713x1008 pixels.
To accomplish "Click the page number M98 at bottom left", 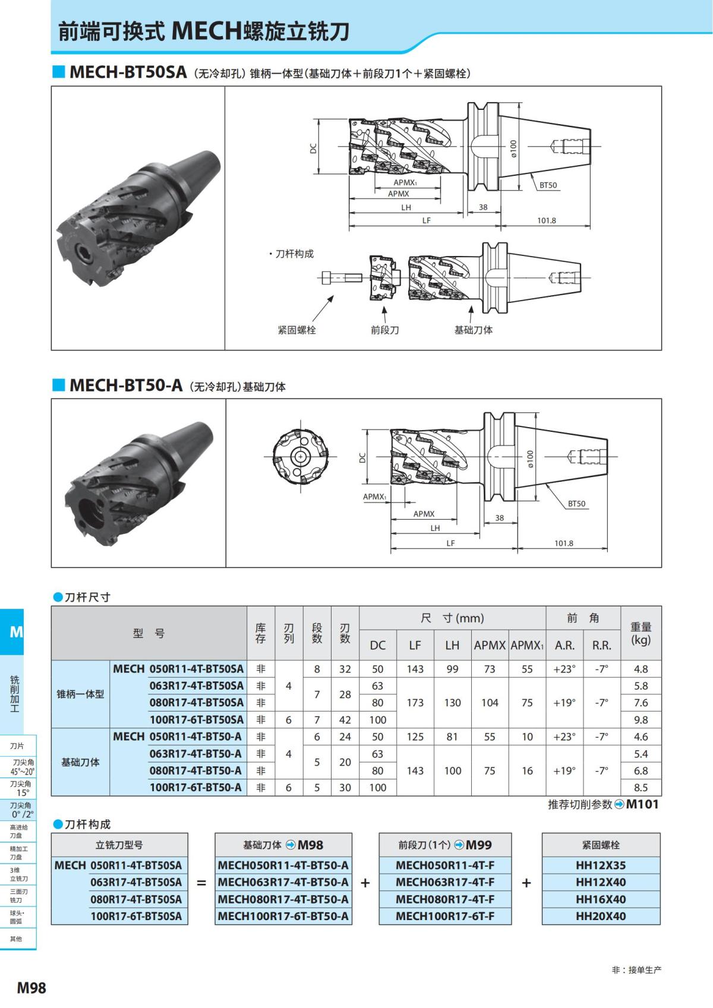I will [x=31, y=988].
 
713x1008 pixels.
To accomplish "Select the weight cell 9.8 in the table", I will [x=641, y=719].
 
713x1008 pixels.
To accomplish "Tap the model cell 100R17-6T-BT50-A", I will [x=195, y=787].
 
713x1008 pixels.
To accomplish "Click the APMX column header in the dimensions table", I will [x=490, y=645].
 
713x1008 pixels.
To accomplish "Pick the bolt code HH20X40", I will [x=601, y=916].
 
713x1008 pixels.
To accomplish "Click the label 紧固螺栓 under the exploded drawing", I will [x=296, y=330].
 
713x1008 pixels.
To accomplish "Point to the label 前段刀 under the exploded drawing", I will [x=384, y=330].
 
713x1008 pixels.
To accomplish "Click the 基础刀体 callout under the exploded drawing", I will [x=474, y=330].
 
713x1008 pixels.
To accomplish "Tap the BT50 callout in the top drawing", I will [x=548, y=185].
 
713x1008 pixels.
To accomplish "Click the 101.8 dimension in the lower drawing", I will [x=563, y=543].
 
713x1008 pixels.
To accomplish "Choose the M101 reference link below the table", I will [x=642, y=804].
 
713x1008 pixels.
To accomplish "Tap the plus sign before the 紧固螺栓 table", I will [x=526, y=883].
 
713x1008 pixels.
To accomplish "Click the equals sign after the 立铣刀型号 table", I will [x=201, y=883].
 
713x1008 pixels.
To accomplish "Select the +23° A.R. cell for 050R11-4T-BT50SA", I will [x=564, y=669].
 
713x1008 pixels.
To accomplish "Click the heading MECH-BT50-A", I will [x=125, y=385].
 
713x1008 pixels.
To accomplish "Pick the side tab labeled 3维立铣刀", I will [x=18, y=874].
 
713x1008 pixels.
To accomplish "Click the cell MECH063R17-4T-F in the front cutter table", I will [x=445, y=882].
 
